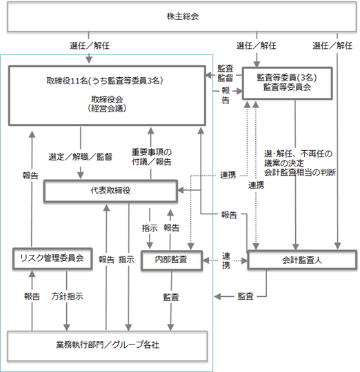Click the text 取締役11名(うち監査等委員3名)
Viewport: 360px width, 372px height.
[x=105, y=81]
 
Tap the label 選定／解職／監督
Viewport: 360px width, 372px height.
[x=80, y=157]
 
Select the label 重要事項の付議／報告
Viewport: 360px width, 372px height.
[x=152, y=157]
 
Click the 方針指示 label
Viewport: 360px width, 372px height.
[x=67, y=296]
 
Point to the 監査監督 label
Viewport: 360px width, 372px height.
[x=226, y=73]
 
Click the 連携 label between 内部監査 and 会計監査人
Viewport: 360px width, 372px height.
[x=226, y=260]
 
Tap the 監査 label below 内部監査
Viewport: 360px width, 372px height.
[x=171, y=298]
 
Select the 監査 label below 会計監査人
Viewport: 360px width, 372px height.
[x=246, y=296]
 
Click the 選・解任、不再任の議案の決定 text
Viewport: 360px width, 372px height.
[x=298, y=158]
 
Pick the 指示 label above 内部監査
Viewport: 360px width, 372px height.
[x=150, y=228]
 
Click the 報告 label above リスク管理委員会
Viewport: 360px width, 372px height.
[x=30, y=176]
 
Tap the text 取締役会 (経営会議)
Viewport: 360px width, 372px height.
[x=107, y=103]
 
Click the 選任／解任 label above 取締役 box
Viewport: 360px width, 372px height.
[x=90, y=45]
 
